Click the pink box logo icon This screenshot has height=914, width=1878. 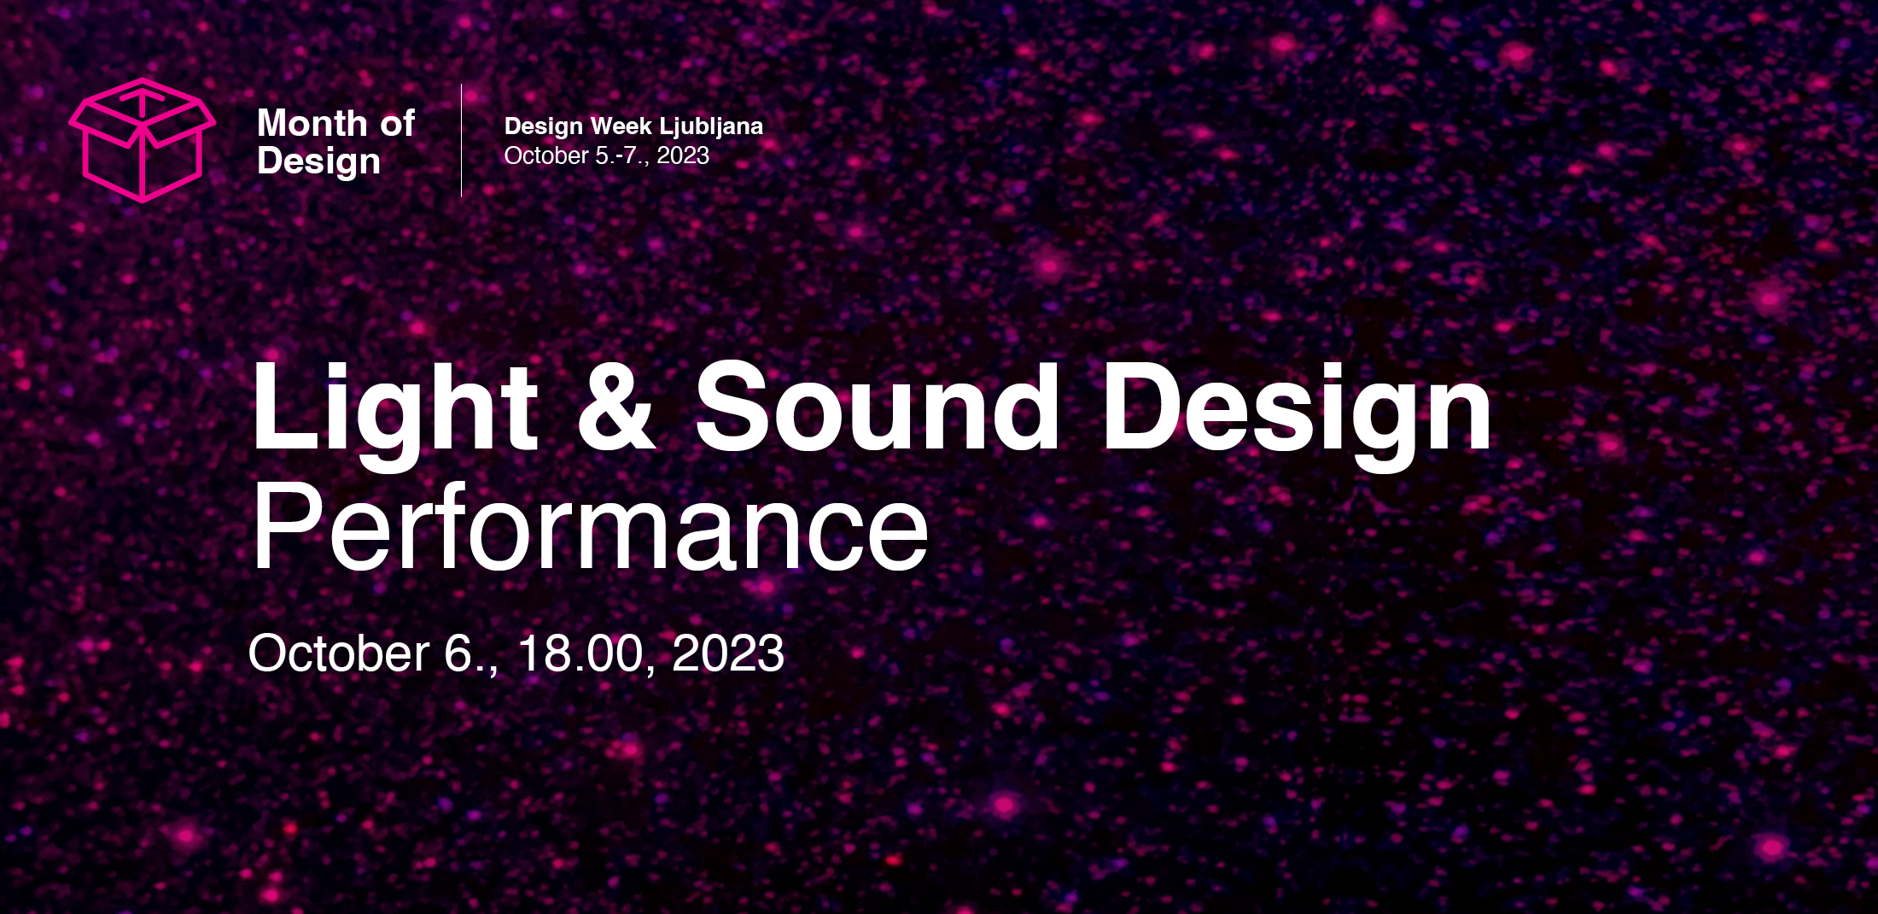(x=142, y=140)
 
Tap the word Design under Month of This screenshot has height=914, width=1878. (x=318, y=162)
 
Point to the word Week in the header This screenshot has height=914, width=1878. (x=621, y=126)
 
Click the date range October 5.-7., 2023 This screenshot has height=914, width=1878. (x=607, y=155)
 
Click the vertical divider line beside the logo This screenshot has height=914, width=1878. (x=462, y=140)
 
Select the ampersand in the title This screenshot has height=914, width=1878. (x=616, y=407)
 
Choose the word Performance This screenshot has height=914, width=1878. (x=590, y=528)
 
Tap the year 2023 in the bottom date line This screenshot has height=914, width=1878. (x=728, y=653)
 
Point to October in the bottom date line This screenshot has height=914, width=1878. (x=339, y=653)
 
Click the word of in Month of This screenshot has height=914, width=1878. (x=398, y=125)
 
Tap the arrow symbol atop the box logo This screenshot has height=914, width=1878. (x=143, y=101)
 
